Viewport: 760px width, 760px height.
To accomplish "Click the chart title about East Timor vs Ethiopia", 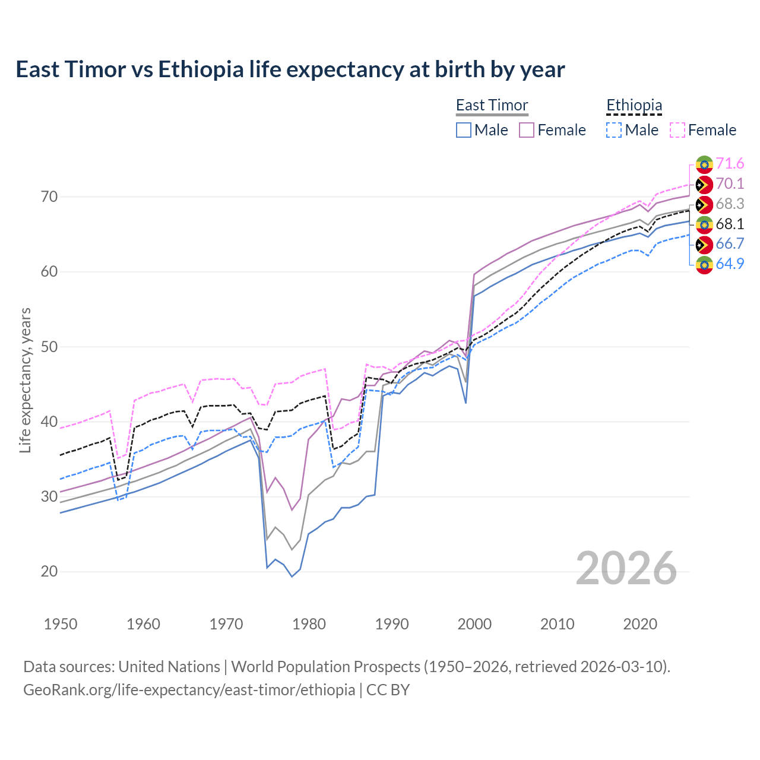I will [x=290, y=69].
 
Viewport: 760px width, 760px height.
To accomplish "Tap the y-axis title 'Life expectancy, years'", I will [x=25, y=380].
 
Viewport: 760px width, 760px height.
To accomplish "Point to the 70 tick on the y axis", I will [x=49, y=197].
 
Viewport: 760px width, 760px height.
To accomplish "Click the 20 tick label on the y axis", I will [x=49, y=572].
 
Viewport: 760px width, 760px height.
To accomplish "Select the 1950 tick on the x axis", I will [x=61, y=624].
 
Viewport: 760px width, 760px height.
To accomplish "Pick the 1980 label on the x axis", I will [x=309, y=624].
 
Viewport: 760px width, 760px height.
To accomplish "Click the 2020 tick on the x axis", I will [x=640, y=624].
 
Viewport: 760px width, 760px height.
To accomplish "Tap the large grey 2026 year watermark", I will [x=626, y=568].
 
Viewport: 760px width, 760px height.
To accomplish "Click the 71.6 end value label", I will [x=730, y=164].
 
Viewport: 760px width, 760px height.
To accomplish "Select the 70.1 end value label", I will [x=730, y=184].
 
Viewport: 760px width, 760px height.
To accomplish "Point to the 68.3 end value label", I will [x=730, y=204].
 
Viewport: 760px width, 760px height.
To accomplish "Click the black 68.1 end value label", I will [x=730, y=224].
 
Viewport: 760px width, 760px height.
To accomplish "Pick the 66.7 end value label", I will [x=730, y=244].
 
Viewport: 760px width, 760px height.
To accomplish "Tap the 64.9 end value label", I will [x=730, y=264].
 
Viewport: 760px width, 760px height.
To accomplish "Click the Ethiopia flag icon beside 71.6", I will [x=704, y=164].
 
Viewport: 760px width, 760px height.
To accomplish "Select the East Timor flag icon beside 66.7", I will [x=704, y=245].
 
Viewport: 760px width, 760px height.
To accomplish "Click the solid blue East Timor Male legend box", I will [x=464, y=130].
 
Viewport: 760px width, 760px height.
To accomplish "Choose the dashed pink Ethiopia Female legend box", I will [x=677, y=130].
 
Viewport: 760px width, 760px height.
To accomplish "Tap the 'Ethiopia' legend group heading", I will [x=634, y=106].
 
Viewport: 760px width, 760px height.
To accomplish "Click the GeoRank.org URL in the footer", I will [x=189, y=690].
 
